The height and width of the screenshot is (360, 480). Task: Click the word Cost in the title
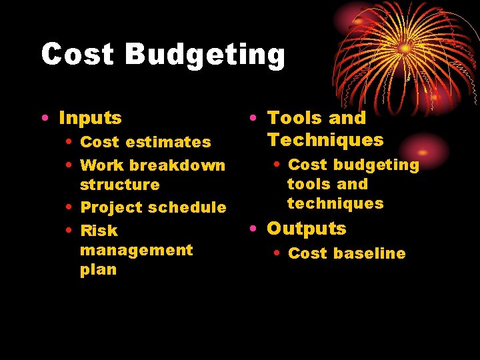tap(77, 55)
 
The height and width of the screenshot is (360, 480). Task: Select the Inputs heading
tap(90, 119)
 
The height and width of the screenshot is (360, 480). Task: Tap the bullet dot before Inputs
tap(44, 119)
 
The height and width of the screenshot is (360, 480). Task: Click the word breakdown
tap(177, 165)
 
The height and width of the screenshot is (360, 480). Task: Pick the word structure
tap(120, 185)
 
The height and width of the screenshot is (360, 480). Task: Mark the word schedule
tap(187, 207)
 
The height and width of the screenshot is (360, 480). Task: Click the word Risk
tap(99, 231)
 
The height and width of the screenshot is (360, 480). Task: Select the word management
tap(136, 251)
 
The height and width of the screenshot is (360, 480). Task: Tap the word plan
tap(98, 270)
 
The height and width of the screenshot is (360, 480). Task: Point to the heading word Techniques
tap(325, 140)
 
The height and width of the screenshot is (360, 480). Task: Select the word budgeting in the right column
tap(376, 165)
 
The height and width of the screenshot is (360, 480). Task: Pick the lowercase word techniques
tap(335, 203)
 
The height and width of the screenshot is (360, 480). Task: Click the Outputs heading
tap(307, 229)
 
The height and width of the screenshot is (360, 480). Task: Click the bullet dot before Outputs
tap(254, 229)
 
